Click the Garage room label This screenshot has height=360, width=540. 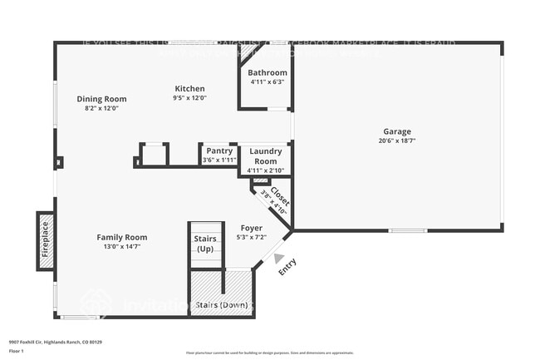pos(396,131)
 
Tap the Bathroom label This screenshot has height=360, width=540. pos(268,73)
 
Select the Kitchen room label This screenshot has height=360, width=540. pos(189,89)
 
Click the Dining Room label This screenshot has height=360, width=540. pos(101,99)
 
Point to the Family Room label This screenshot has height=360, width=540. pos(121,237)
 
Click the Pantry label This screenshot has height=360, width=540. pos(219,150)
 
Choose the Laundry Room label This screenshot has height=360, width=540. pos(266,156)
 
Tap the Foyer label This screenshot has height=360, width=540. pos(251,228)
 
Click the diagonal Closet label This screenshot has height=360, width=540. pos(279,198)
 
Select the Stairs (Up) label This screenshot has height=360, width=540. pos(205,244)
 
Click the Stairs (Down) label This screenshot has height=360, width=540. pos(221,305)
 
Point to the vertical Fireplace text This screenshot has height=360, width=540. pos(46,239)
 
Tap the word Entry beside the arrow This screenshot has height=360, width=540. pos(287,268)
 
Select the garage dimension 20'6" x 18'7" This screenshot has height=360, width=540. pos(396,141)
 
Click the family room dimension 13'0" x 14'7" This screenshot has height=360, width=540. pos(121,246)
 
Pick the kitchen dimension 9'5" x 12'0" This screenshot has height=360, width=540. pos(189,98)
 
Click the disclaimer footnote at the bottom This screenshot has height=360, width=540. pos(269,353)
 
